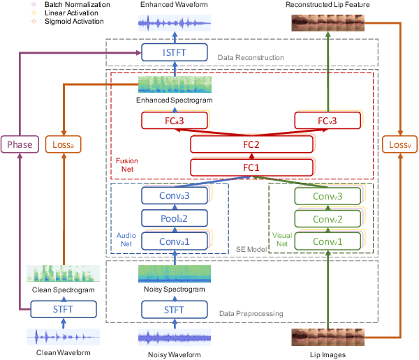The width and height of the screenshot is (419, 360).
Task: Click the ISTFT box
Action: tap(174, 52)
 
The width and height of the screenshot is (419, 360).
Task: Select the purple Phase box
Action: tap(19, 144)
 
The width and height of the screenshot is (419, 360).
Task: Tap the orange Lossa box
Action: tap(64, 144)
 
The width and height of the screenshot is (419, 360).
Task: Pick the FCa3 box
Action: tap(174, 121)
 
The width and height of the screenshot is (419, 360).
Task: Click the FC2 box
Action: tap(251, 144)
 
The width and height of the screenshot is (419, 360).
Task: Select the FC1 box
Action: tap(251, 167)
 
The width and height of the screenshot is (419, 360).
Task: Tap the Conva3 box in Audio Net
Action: tap(174, 196)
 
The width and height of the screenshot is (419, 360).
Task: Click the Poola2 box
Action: tap(174, 219)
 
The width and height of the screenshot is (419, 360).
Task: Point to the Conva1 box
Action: tap(174, 242)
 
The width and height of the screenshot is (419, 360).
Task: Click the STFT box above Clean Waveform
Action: tap(64, 308)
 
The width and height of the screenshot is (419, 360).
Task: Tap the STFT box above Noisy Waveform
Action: tap(174, 308)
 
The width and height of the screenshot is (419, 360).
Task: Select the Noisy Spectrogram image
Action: tap(174, 273)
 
